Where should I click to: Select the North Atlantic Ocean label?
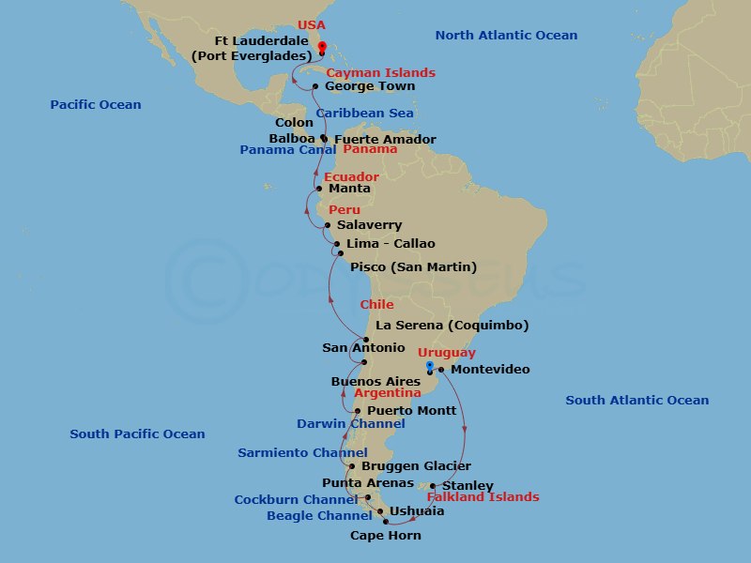click(506, 35)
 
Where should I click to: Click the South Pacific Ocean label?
click(137, 434)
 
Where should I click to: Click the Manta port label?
click(349, 188)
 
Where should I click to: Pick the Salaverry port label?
click(369, 225)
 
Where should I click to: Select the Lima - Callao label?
click(391, 243)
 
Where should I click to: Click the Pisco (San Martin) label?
click(413, 266)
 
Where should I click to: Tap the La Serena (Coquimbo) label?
click(452, 326)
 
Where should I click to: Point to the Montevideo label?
click(490, 369)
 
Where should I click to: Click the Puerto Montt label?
click(411, 410)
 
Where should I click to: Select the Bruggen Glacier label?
click(418, 465)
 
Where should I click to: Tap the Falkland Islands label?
click(483, 496)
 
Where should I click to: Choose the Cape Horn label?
click(385, 536)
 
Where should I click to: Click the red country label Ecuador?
click(351, 176)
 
